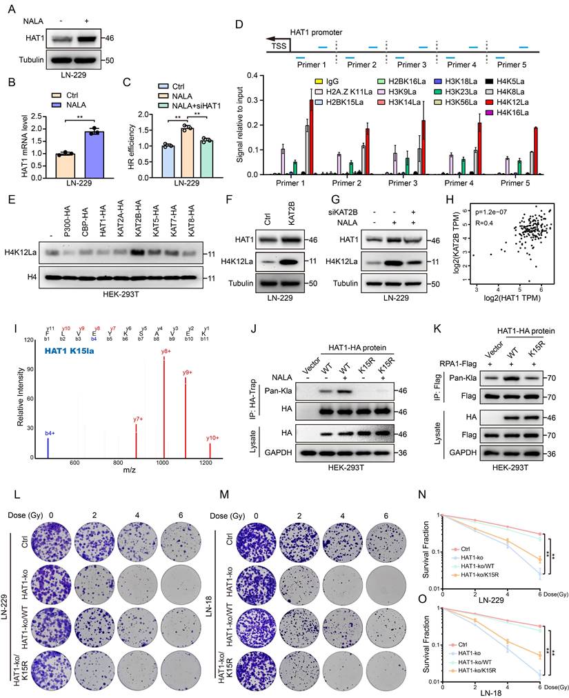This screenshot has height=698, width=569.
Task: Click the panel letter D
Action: pos(239,25)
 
